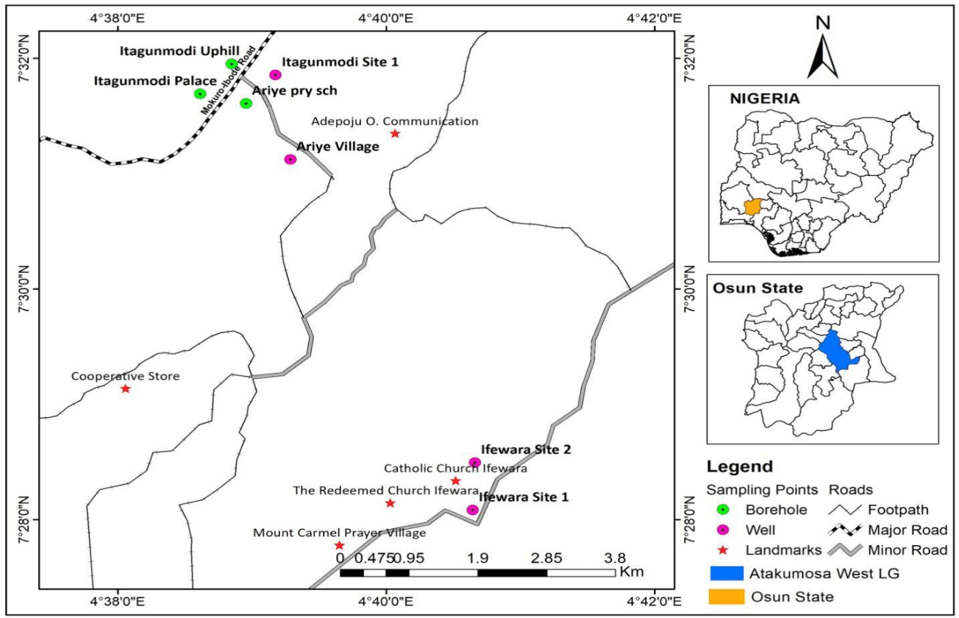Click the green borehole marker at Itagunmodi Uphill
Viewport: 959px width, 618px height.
pos(232,64)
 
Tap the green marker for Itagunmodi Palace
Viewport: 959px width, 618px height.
pos(200,93)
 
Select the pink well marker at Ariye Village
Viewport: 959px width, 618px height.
pos(290,159)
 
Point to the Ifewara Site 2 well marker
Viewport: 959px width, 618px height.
pos(474,462)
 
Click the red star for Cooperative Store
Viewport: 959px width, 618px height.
pos(126,388)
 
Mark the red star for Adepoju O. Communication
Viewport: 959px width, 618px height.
pos(395,133)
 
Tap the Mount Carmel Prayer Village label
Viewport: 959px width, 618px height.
pos(340,533)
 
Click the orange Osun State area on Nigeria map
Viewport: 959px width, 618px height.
pos(752,207)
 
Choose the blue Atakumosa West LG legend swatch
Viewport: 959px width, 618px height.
pos(729,574)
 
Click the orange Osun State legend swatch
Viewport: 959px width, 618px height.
pos(729,596)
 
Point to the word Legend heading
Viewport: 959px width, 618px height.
pos(740,466)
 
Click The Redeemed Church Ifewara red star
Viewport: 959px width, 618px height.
pos(390,503)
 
